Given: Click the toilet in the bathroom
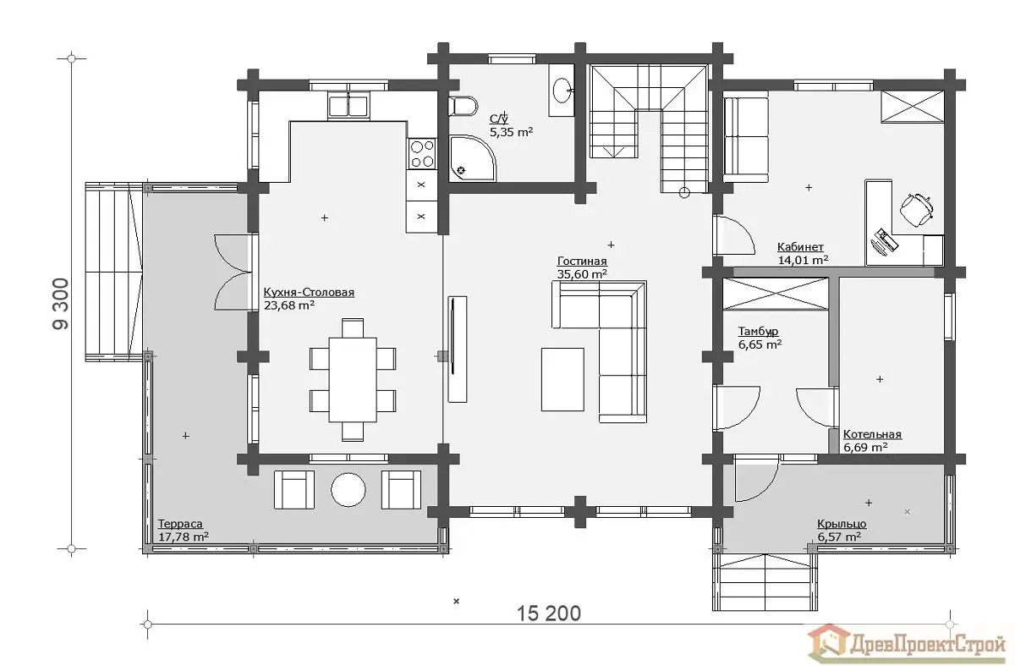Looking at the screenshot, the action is click(x=464, y=107).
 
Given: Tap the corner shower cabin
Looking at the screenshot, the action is click(x=472, y=158).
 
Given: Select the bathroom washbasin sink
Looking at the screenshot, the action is click(x=562, y=91).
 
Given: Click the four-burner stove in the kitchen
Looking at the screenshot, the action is click(x=422, y=154).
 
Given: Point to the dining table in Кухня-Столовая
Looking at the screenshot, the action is click(x=353, y=380).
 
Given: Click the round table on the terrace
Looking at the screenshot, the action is click(x=348, y=490).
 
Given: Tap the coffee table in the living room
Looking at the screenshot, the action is click(x=562, y=379).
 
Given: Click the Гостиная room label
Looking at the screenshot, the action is click(x=582, y=261).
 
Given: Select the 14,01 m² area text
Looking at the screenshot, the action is click(x=803, y=260).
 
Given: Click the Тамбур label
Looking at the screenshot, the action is click(x=758, y=332).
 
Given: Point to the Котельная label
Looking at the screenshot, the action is click(x=872, y=434).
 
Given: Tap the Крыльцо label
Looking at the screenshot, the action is click(x=842, y=524).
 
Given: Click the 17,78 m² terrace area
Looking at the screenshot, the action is click(x=184, y=537).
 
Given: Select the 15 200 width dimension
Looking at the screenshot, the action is click(x=549, y=614).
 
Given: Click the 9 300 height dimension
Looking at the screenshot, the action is click(x=61, y=303).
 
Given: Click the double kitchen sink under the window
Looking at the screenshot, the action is click(x=348, y=107).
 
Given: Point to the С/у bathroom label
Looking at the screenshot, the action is click(x=499, y=118).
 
